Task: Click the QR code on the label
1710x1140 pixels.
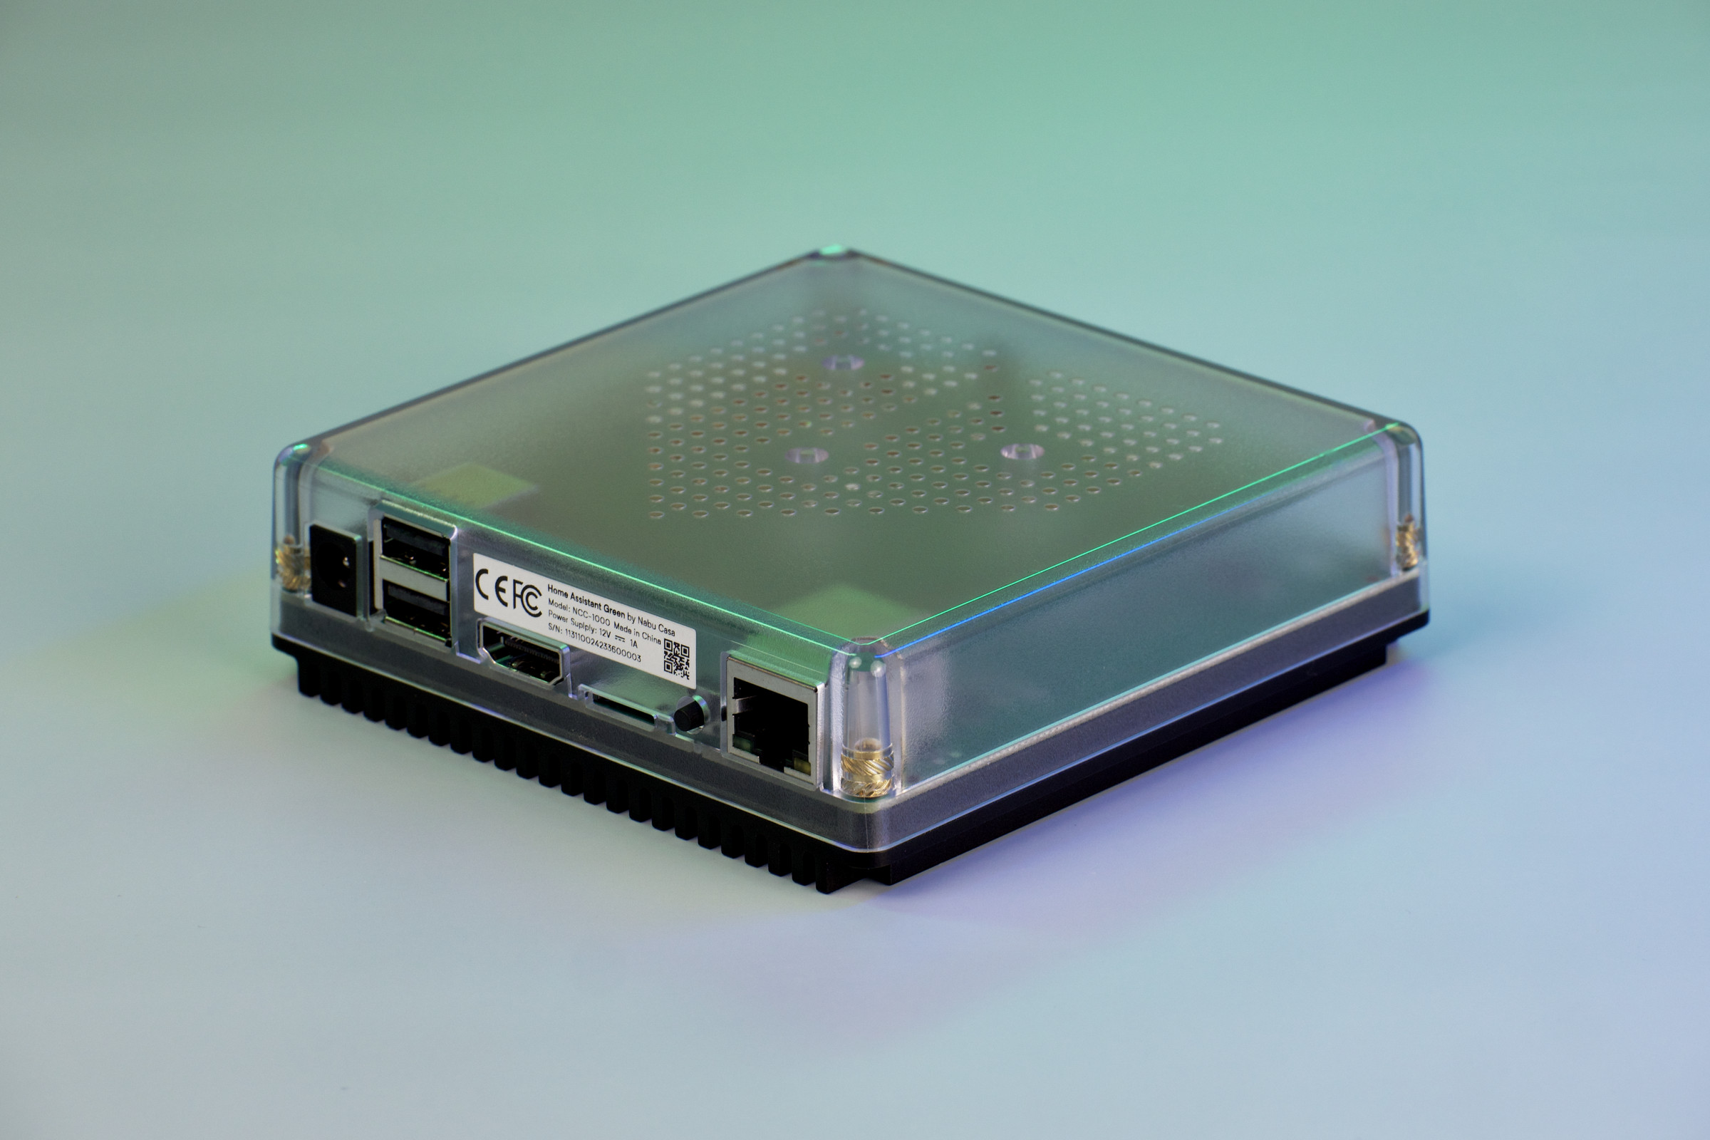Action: (676, 658)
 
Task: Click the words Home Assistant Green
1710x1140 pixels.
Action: (585, 600)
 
